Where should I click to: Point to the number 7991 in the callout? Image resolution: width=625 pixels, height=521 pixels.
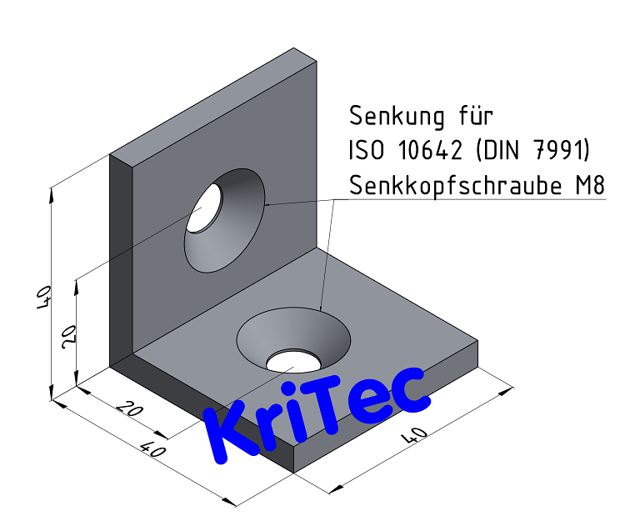[562, 150]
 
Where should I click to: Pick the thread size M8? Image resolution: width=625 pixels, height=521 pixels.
[588, 185]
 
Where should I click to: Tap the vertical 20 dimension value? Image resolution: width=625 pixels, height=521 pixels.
[69, 336]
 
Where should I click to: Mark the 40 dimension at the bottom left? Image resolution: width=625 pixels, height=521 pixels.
[152, 451]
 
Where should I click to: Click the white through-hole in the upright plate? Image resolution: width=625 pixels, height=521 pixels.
[205, 208]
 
